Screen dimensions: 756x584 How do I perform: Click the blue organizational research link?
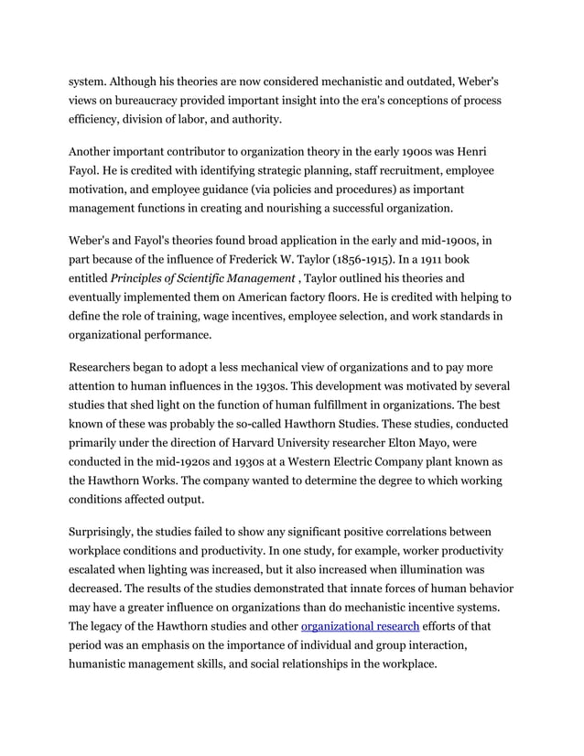[360, 626]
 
